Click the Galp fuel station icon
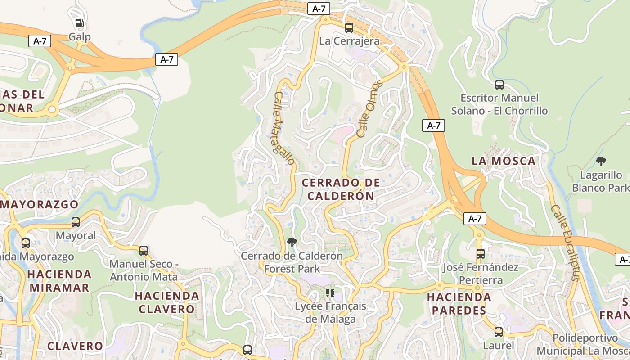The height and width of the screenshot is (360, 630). coord(79,23)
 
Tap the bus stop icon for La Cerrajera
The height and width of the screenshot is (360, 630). coord(349,28)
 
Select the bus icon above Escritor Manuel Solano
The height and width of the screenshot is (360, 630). coord(499,85)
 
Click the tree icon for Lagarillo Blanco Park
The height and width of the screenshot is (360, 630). coord(601,162)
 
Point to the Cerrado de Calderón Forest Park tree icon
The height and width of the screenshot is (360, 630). coord(292,243)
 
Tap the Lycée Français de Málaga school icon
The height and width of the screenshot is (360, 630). coord(330,293)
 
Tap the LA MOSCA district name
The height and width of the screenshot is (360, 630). coord(504,161)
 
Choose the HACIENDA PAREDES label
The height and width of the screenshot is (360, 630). coord(459,304)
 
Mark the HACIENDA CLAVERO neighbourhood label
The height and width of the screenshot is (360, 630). coord(167,302)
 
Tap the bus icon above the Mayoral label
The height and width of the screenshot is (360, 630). coord(76,222)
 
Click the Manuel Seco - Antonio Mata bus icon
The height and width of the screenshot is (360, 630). coord(144,251)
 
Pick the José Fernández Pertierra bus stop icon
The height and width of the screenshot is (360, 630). coord(480,254)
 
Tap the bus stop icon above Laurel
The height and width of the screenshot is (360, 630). coord(498,332)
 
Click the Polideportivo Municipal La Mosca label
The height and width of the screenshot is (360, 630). coord(585,344)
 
